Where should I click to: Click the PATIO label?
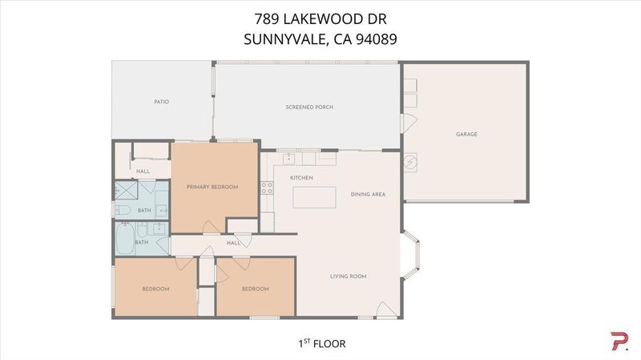(x=162, y=102)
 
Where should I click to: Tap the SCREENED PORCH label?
(x=309, y=107)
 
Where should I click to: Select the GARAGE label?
(x=466, y=134)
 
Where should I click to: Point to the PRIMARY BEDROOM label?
(x=212, y=187)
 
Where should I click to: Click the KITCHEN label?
(x=302, y=178)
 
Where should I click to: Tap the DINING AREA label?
(x=368, y=194)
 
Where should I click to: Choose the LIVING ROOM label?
(x=349, y=277)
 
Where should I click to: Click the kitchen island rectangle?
(x=314, y=197)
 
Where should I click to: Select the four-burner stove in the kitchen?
(x=267, y=188)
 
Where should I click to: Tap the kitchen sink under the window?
(x=289, y=158)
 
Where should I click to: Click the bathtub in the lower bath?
(x=125, y=238)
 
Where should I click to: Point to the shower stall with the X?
(x=127, y=190)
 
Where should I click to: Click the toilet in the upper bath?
(x=123, y=210)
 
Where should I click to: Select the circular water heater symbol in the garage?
(x=410, y=163)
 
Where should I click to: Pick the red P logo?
(x=619, y=342)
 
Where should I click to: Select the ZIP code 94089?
(x=377, y=39)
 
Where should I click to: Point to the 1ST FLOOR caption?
(x=322, y=344)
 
